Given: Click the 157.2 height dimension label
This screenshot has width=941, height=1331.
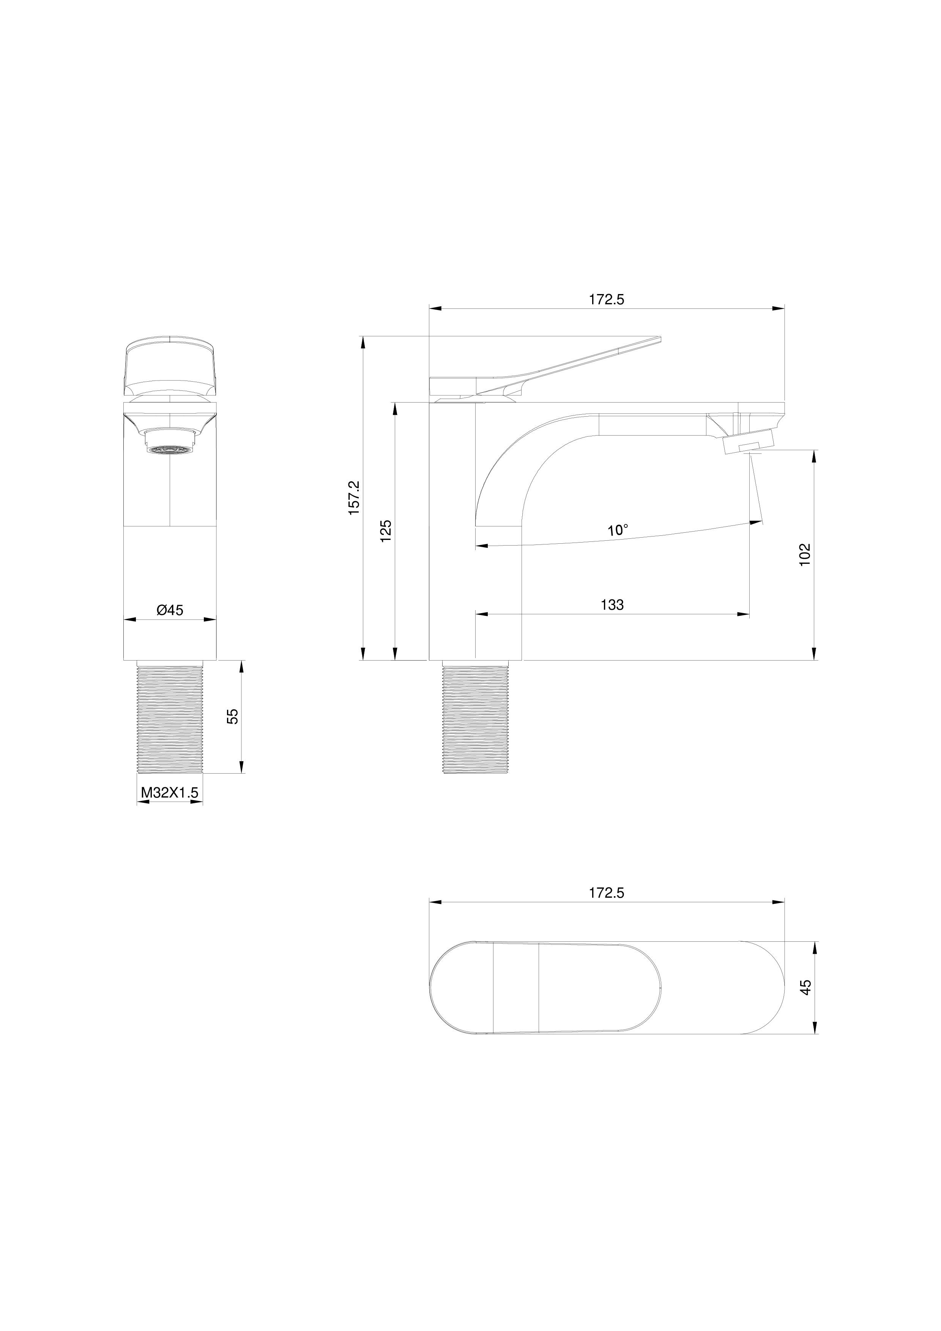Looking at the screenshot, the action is pyautogui.click(x=354, y=497).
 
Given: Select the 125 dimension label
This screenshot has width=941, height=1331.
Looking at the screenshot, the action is pyautogui.click(x=386, y=530).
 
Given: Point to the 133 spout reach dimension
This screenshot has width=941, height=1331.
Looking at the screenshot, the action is pyautogui.click(x=612, y=605).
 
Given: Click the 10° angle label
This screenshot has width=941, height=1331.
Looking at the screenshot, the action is pyautogui.click(x=618, y=530).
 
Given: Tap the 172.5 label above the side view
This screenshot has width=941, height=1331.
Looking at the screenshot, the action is pyautogui.click(x=607, y=300).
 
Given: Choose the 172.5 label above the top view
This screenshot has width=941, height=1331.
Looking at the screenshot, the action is pyautogui.click(x=607, y=893).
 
